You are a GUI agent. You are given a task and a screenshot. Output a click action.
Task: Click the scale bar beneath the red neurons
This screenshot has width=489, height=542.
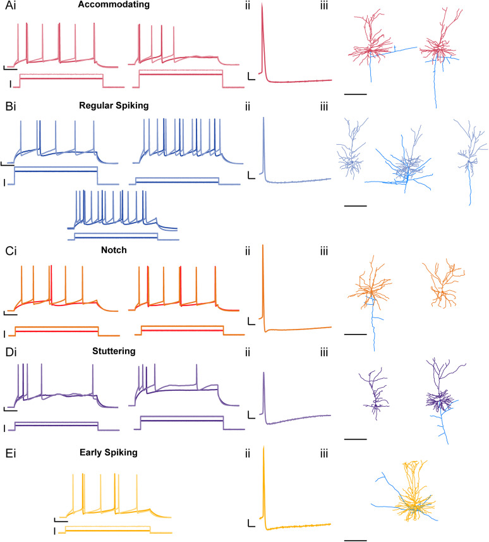click(x=356, y=94)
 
